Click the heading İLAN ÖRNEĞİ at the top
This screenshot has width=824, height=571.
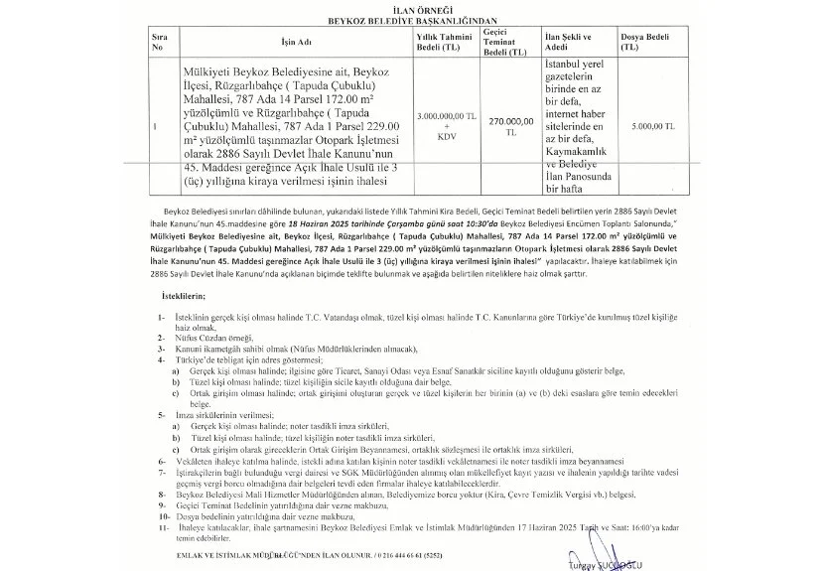point(412,10)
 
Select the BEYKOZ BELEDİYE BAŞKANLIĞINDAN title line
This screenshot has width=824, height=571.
point(412,20)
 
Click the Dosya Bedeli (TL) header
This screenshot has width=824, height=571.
point(641,42)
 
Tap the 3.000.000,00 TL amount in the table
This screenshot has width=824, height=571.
point(439,116)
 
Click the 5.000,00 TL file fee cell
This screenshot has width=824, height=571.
point(651,127)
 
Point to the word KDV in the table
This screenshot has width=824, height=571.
point(439,138)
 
